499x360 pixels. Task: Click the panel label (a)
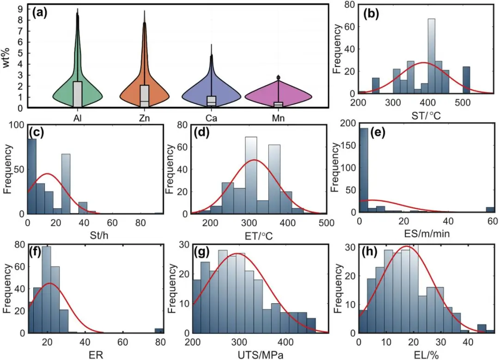click(41, 12)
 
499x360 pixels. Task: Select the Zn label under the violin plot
click(145, 119)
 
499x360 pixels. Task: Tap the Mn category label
click(278, 119)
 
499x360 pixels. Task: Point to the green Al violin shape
click(78, 88)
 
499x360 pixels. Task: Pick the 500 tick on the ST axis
click(462, 102)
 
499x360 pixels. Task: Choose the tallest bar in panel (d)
click(251, 175)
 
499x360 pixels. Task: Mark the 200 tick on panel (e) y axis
click(349, 123)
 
